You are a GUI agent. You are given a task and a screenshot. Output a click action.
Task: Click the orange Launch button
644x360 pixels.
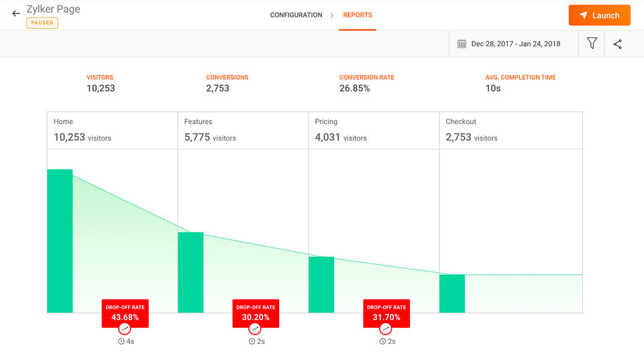tap(599, 15)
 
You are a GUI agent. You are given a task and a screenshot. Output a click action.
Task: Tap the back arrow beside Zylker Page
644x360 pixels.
tap(16, 13)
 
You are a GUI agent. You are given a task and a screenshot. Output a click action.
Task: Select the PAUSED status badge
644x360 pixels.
tap(42, 23)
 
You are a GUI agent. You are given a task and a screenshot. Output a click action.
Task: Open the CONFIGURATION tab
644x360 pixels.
tap(296, 15)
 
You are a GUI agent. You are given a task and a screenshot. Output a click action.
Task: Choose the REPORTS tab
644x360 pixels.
tap(357, 15)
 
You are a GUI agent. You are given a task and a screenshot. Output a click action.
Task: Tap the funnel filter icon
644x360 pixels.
tap(592, 44)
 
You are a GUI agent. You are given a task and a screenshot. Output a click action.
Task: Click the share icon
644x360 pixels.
tap(618, 44)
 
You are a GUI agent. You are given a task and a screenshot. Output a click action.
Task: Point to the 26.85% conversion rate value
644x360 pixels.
tap(354, 88)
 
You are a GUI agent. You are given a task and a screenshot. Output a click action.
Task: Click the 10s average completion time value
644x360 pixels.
tap(493, 88)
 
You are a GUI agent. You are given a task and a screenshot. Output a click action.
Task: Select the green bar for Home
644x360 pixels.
tap(60, 241)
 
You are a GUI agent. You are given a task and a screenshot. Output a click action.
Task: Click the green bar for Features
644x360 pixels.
tap(191, 272)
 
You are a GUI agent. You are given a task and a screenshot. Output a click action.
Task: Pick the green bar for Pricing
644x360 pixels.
tap(321, 284)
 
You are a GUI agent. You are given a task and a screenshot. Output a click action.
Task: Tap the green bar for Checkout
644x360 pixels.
tap(452, 293)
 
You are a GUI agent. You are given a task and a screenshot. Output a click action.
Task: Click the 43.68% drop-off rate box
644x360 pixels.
tap(125, 313)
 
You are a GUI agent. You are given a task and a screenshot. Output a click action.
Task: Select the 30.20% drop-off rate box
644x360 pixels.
tap(256, 313)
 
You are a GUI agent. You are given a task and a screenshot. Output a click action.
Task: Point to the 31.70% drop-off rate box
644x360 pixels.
tap(386, 313)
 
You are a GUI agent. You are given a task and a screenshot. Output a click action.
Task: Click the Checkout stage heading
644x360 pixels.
tap(461, 121)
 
